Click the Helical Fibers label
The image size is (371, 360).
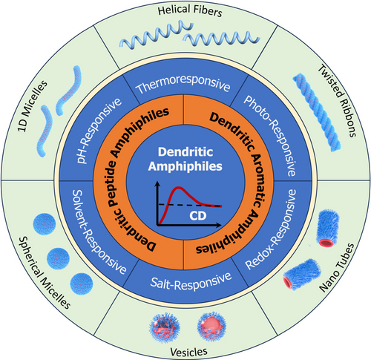pyautogui.click(x=190, y=11)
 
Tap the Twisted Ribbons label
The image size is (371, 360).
pyautogui.click(x=337, y=101)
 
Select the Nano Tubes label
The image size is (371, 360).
pyautogui.click(x=337, y=267)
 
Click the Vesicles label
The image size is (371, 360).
pyautogui.click(x=188, y=352)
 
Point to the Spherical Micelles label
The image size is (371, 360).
pyautogui.click(x=45, y=272)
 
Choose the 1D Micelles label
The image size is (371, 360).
pyautogui.click(x=32, y=106)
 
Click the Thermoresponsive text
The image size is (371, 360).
pyautogui.click(x=183, y=84)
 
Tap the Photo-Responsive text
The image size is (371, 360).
pyautogui.click(x=270, y=136)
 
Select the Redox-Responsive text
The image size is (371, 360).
pyautogui.click(x=271, y=229)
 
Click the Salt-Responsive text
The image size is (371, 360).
pyautogui.click(x=191, y=281)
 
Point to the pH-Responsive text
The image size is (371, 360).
pyautogui.click(x=99, y=131)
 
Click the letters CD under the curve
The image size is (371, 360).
pyautogui.click(x=198, y=216)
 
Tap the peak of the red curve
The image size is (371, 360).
pyautogui.click(x=178, y=188)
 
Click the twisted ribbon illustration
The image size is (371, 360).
pyautogui.click(x=317, y=112)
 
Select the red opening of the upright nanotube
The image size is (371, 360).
pyautogui.click(x=326, y=243)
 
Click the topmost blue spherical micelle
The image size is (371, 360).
pyautogui.click(x=45, y=224)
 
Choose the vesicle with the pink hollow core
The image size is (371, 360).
pyautogui.click(x=211, y=327)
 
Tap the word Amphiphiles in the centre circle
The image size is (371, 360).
pyautogui.click(x=185, y=166)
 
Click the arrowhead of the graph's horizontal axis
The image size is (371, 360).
pyautogui.click(x=219, y=225)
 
